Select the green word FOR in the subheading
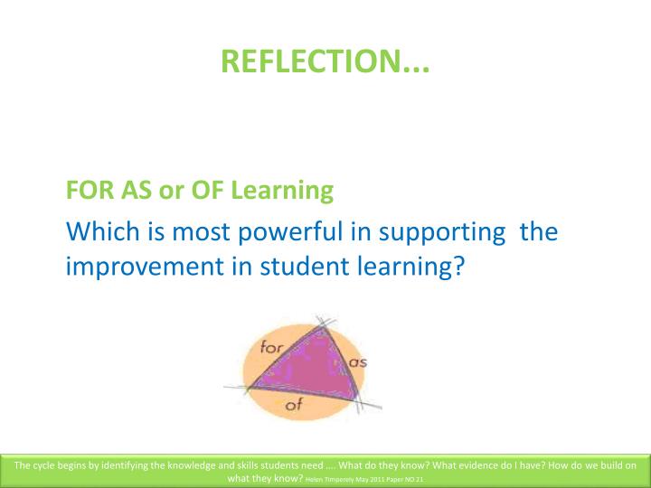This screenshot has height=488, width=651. coord(86,191)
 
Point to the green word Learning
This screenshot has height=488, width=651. coord(281,191)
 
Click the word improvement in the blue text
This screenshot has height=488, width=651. coord(140,268)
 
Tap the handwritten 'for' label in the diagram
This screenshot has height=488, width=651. coord(272,346)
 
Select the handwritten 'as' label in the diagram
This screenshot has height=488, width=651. coord(358,361)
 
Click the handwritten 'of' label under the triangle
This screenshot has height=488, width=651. coord(294,405)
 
